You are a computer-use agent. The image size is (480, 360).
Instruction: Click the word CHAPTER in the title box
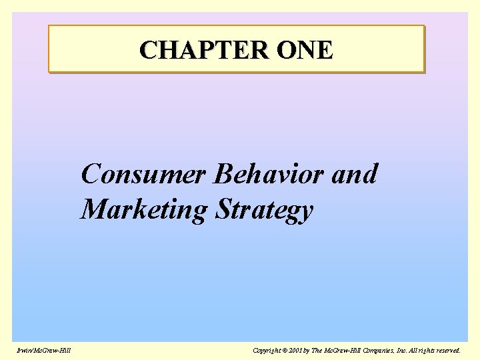pyautogui.click(x=193, y=50)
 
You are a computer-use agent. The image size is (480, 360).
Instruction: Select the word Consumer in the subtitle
pyautogui.click(x=143, y=175)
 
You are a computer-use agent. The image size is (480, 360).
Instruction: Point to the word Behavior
pyautogui.click(x=269, y=175)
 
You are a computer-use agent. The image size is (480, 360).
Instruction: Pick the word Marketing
pyautogui.click(x=144, y=210)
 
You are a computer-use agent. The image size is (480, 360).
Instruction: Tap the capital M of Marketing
pyautogui.click(x=93, y=210)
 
